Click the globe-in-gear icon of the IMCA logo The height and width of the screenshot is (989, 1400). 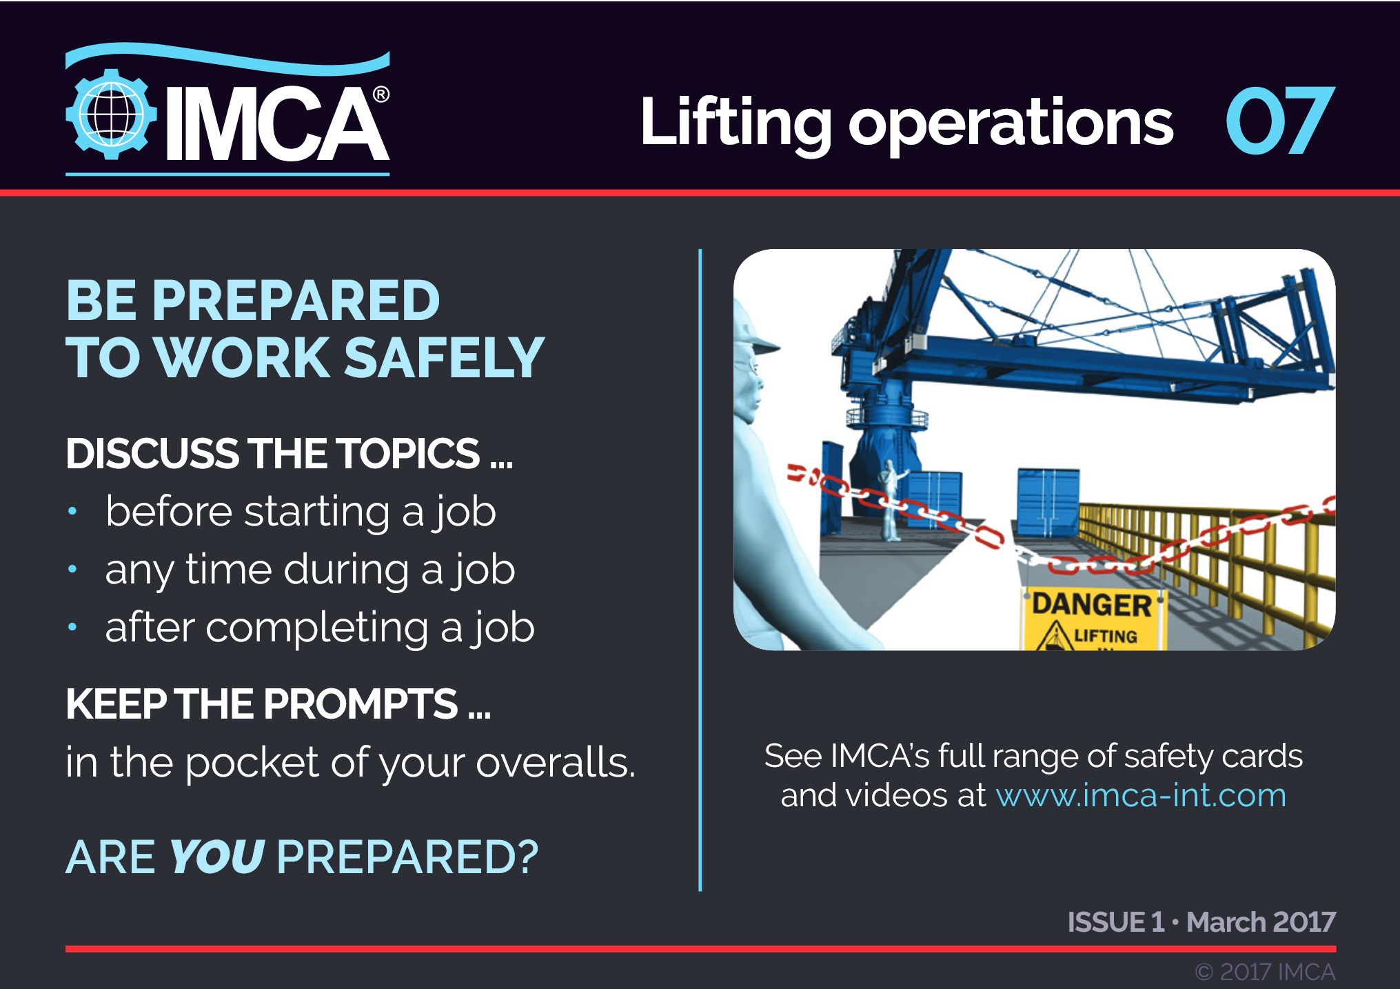point(110,114)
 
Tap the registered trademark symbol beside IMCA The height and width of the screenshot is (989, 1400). point(381,94)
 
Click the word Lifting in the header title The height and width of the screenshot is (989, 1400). point(735,123)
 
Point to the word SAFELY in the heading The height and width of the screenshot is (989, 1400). point(444,358)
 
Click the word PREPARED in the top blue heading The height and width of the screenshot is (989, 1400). point(296,301)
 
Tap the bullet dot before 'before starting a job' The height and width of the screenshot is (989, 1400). point(72,512)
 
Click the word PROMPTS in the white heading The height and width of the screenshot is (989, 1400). point(361,704)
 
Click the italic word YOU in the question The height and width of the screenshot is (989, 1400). point(216,857)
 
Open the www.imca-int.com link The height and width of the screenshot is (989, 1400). point(1141,795)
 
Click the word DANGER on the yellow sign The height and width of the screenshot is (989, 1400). point(1091,605)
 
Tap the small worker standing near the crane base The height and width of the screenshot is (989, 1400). point(891,499)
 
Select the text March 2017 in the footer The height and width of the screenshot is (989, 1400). point(1261,922)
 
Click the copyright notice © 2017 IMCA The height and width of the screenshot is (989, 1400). point(1265,972)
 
